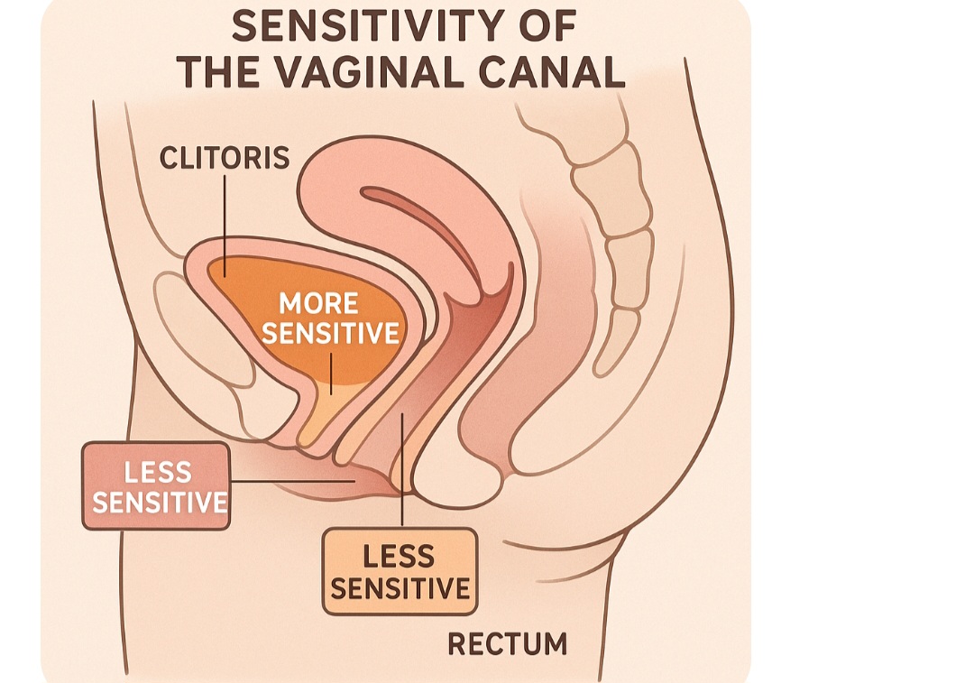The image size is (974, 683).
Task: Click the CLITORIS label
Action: [225, 158]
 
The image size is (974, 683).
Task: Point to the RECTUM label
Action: [508, 644]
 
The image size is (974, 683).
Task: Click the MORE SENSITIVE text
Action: [330, 318]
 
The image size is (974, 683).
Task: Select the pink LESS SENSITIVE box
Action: [156, 485]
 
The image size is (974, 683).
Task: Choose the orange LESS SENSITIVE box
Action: [400, 571]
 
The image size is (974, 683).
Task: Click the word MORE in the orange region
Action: [318, 303]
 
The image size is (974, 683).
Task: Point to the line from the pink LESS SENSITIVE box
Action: [289, 482]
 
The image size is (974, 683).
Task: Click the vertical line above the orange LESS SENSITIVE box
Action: [401, 469]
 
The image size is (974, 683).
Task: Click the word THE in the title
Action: [218, 71]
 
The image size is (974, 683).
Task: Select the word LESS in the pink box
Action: [158, 472]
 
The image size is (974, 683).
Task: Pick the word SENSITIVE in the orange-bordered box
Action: [400, 588]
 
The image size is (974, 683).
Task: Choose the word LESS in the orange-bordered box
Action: [399, 556]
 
